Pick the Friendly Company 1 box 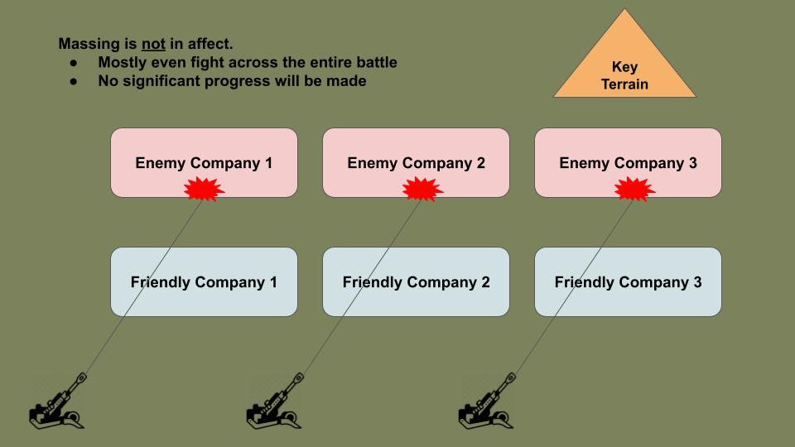[x=204, y=281]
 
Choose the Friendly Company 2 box [x=416, y=281]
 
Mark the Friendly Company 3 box [x=628, y=281]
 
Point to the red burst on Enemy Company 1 [x=204, y=190]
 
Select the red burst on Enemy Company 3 [x=634, y=190]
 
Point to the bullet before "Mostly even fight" [x=75, y=63]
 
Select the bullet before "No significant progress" [x=75, y=82]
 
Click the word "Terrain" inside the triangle [x=624, y=84]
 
